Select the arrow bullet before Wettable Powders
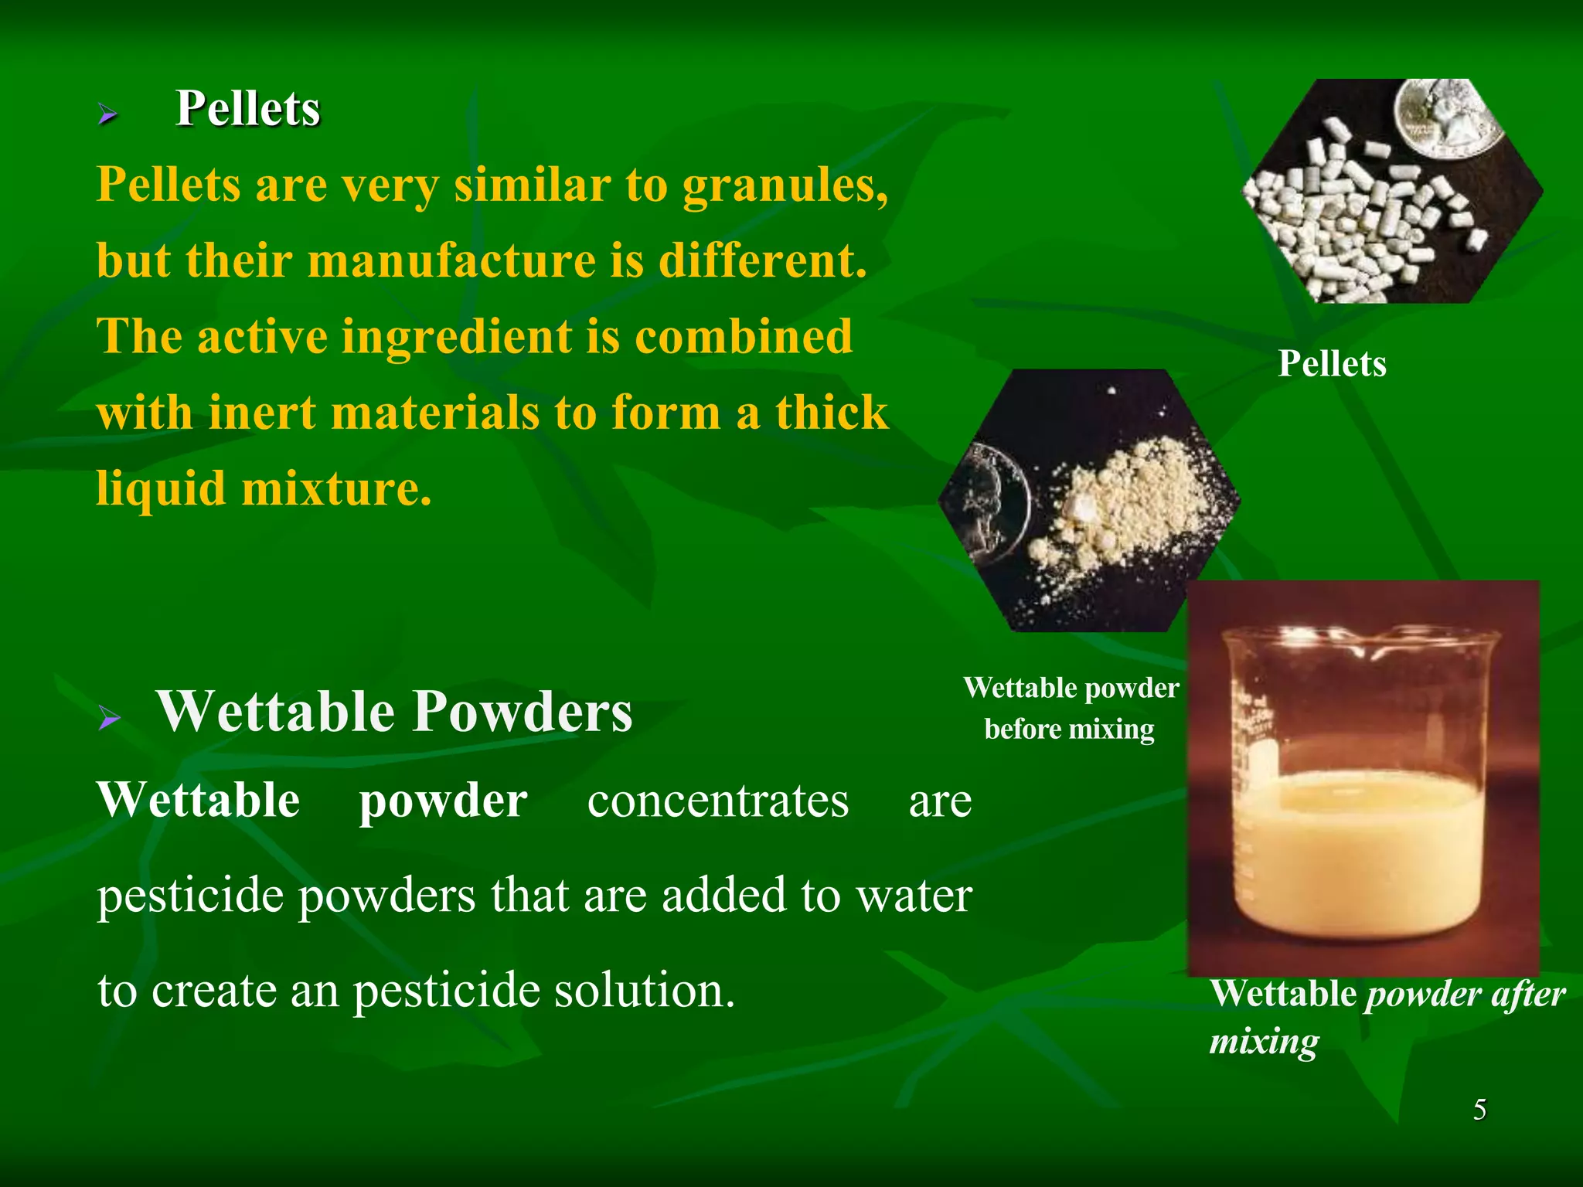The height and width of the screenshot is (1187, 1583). coord(110,719)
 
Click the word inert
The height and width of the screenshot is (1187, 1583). coord(261,413)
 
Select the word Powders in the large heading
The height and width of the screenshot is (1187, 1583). coord(522,711)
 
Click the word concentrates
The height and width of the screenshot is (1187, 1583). coord(717,801)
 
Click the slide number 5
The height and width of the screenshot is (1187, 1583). coord(1479,1110)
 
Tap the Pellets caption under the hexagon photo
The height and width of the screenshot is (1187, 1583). coord(1332,364)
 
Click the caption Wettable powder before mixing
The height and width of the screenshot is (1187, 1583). coord(1071,708)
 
